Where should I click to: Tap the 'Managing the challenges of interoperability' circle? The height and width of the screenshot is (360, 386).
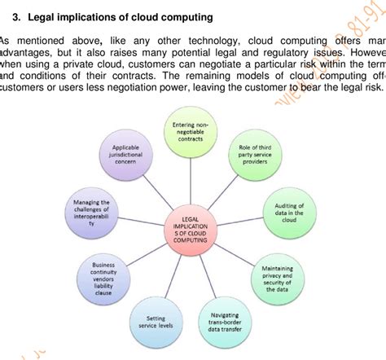(88, 213)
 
